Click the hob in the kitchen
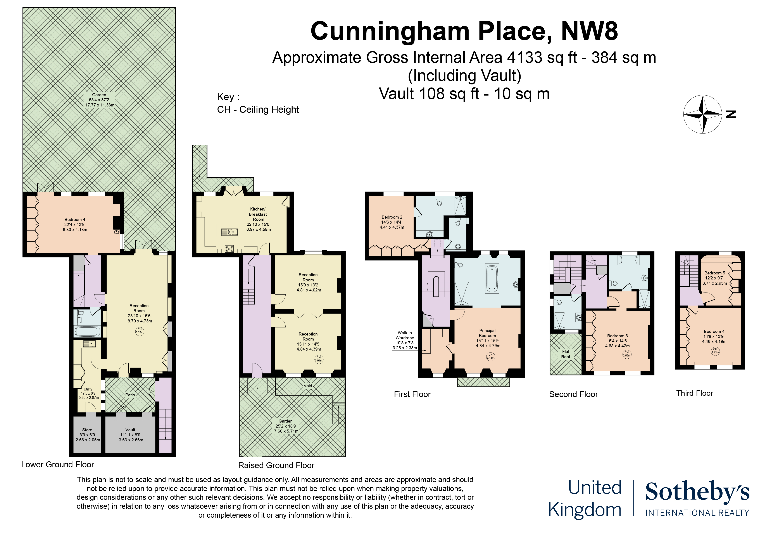[x=229, y=249]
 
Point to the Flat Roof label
[x=566, y=354]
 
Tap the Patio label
[x=130, y=395]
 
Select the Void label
[x=308, y=386]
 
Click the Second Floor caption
[x=573, y=394]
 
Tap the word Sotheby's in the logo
[x=697, y=492]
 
